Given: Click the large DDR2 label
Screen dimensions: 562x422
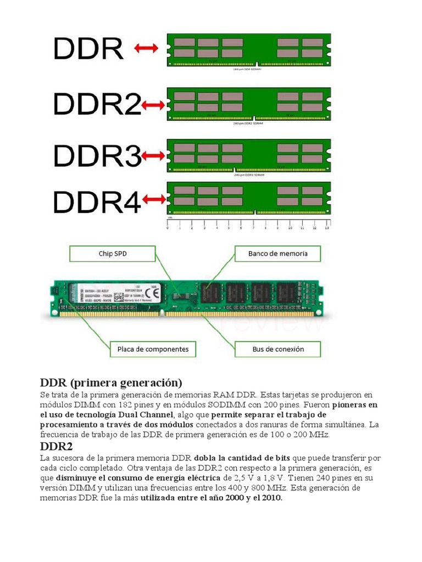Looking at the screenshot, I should pyautogui.click(x=97, y=104).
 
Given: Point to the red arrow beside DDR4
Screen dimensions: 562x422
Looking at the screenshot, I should pyautogui.click(x=154, y=200).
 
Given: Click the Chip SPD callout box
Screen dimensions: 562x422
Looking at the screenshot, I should pyautogui.click(x=112, y=254).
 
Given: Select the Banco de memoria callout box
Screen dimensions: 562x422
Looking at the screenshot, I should pyautogui.click(x=277, y=254).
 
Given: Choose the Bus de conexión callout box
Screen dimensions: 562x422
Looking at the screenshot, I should pyautogui.click(x=277, y=349).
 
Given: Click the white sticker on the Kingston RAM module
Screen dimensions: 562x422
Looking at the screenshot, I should pyautogui.click(x=121, y=295).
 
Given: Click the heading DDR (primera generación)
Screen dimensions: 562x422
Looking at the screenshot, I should pyautogui.click(x=110, y=382).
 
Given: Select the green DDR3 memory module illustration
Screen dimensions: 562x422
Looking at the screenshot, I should pyautogui.click(x=249, y=155).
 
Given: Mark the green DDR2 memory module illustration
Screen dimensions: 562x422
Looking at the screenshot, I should pyautogui.click(x=249, y=104).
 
